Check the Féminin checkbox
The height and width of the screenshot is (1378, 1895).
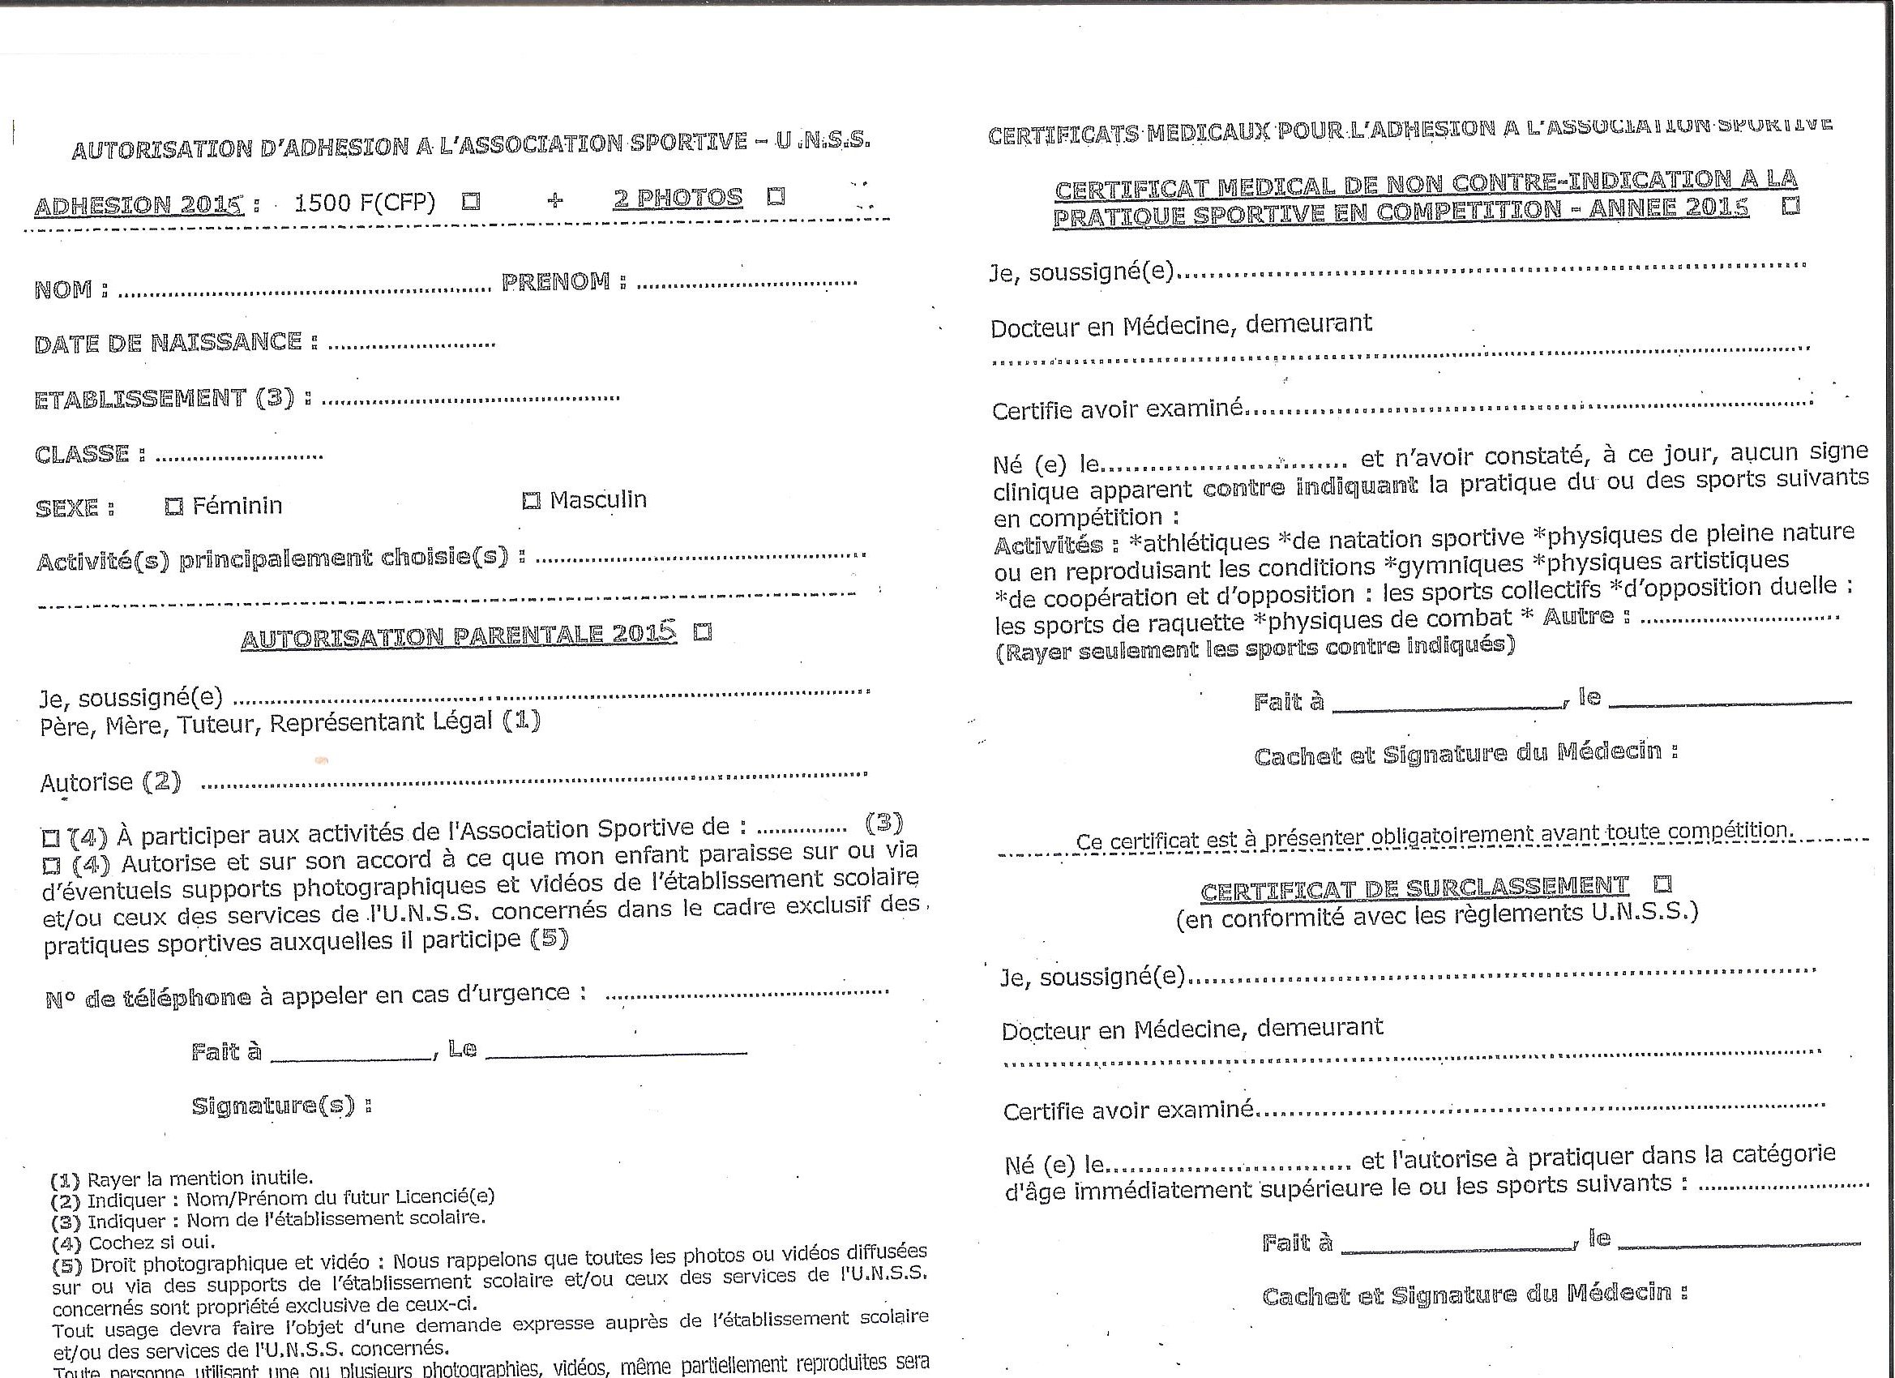pyautogui.click(x=173, y=507)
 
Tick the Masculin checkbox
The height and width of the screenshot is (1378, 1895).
pyautogui.click(x=531, y=501)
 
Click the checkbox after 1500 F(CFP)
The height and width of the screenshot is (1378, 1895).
pyautogui.click(x=472, y=201)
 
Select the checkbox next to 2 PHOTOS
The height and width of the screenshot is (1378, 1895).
pyautogui.click(x=776, y=196)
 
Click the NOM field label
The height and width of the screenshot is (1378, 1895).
pyautogui.click(x=71, y=290)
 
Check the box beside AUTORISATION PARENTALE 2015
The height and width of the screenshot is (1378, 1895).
pyautogui.click(x=704, y=631)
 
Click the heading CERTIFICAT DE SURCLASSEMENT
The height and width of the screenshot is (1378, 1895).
pyautogui.click(x=1414, y=888)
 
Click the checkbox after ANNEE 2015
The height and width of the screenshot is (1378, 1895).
pyautogui.click(x=1790, y=205)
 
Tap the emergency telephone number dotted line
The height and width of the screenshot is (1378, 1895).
pyautogui.click(x=746, y=994)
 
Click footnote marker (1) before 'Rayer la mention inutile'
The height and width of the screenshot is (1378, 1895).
pyautogui.click(x=65, y=1180)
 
